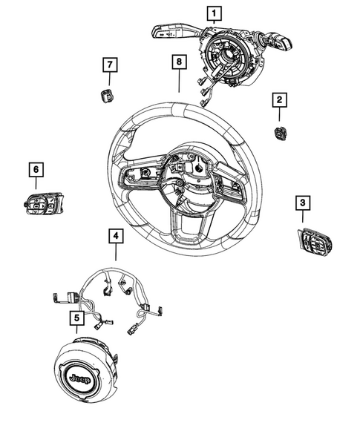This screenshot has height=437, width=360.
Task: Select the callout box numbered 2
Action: (x=279, y=99)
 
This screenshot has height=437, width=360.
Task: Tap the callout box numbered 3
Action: (x=302, y=202)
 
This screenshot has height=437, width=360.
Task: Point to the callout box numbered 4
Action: (x=115, y=236)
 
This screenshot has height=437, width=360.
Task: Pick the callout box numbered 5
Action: (x=75, y=318)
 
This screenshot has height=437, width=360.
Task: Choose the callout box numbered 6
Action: (x=34, y=169)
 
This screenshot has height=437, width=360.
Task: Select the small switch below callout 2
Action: (x=280, y=132)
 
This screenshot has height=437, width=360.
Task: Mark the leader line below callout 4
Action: (x=115, y=256)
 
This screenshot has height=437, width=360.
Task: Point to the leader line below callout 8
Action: (x=179, y=82)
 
